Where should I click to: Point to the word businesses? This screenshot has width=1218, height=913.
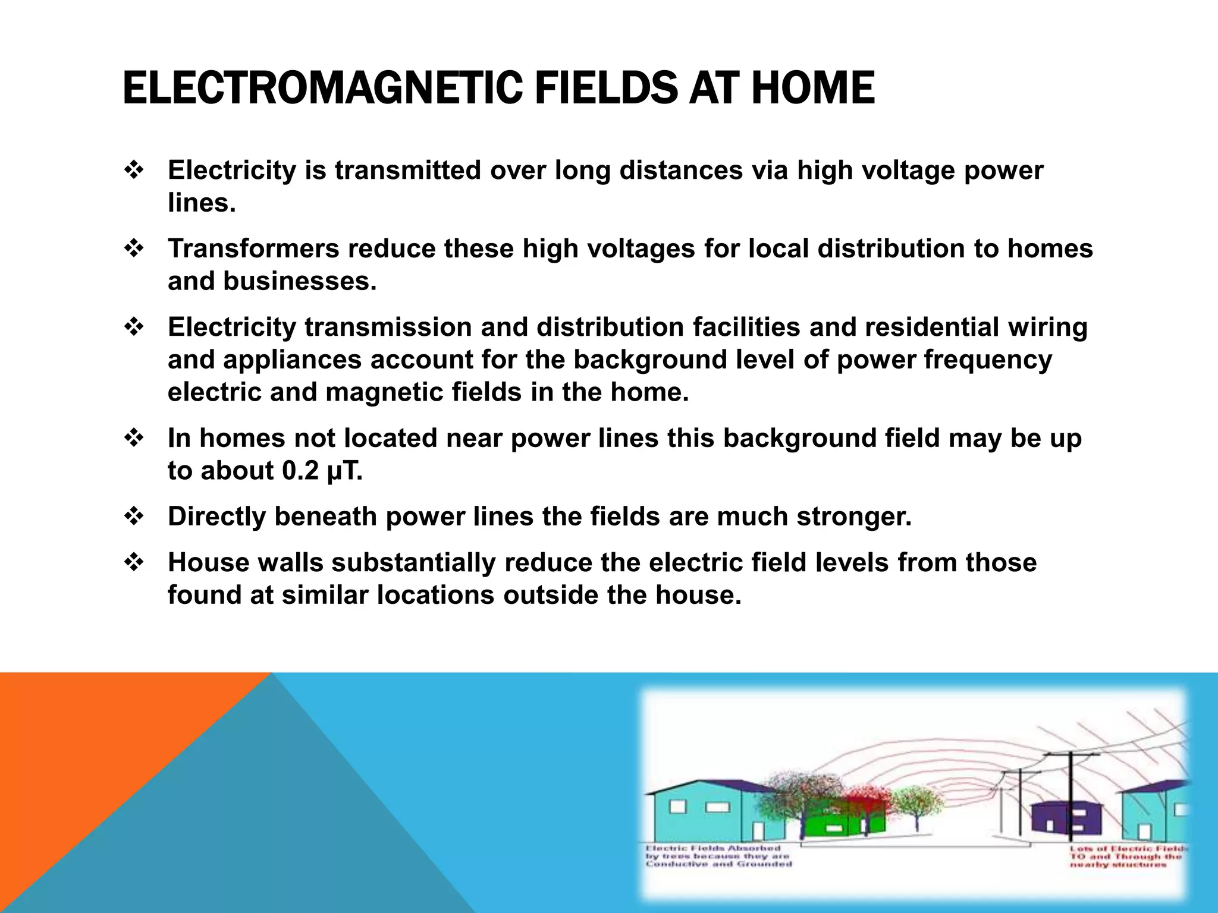300,281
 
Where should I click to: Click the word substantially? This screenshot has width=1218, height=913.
414,562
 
